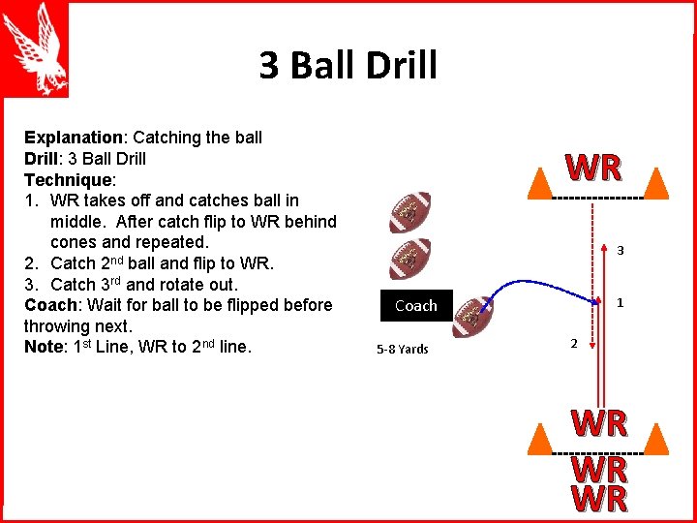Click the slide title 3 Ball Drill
coord(348,66)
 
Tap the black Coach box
coord(416,305)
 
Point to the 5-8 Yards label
coord(403,349)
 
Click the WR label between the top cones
coord(594,169)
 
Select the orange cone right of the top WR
coord(656,182)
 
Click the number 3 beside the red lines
coord(620,251)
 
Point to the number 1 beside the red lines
coord(620,303)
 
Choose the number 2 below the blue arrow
coord(573,343)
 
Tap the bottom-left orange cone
coord(537,440)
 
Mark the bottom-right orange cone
coord(656,440)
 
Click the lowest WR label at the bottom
coord(599,500)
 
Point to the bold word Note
coord(43,347)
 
